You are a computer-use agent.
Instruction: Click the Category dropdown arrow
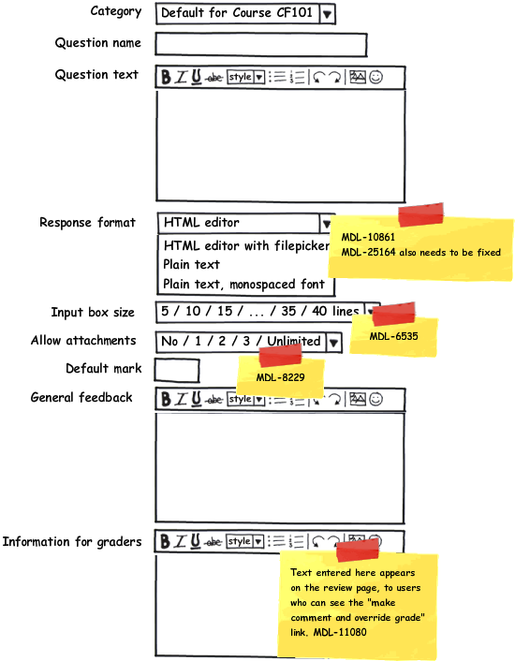tap(327, 14)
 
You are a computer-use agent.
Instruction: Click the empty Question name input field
tap(261, 44)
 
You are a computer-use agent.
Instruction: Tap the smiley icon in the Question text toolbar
tap(375, 77)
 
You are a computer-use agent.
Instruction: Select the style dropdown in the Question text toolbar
tap(245, 77)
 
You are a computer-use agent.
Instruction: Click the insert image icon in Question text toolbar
tap(358, 77)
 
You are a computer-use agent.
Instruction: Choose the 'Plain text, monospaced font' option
tap(243, 285)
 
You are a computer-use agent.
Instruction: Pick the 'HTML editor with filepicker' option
tap(246, 245)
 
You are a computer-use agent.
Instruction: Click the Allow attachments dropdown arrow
tap(333, 343)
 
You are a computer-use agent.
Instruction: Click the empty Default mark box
tap(177, 371)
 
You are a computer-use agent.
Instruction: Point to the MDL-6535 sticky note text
tap(393, 336)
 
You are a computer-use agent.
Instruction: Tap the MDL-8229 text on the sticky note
tap(280, 377)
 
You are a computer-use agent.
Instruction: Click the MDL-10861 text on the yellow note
tap(368, 237)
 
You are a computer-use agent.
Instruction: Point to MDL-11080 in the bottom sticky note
tap(340, 632)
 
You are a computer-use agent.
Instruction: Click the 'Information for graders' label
tap(72, 542)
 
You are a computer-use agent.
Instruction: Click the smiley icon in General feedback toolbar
tap(375, 399)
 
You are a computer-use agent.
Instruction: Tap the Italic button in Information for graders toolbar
tap(181, 541)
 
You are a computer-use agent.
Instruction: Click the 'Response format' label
tap(87, 222)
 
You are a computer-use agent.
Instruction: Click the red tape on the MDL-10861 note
tap(420, 214)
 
